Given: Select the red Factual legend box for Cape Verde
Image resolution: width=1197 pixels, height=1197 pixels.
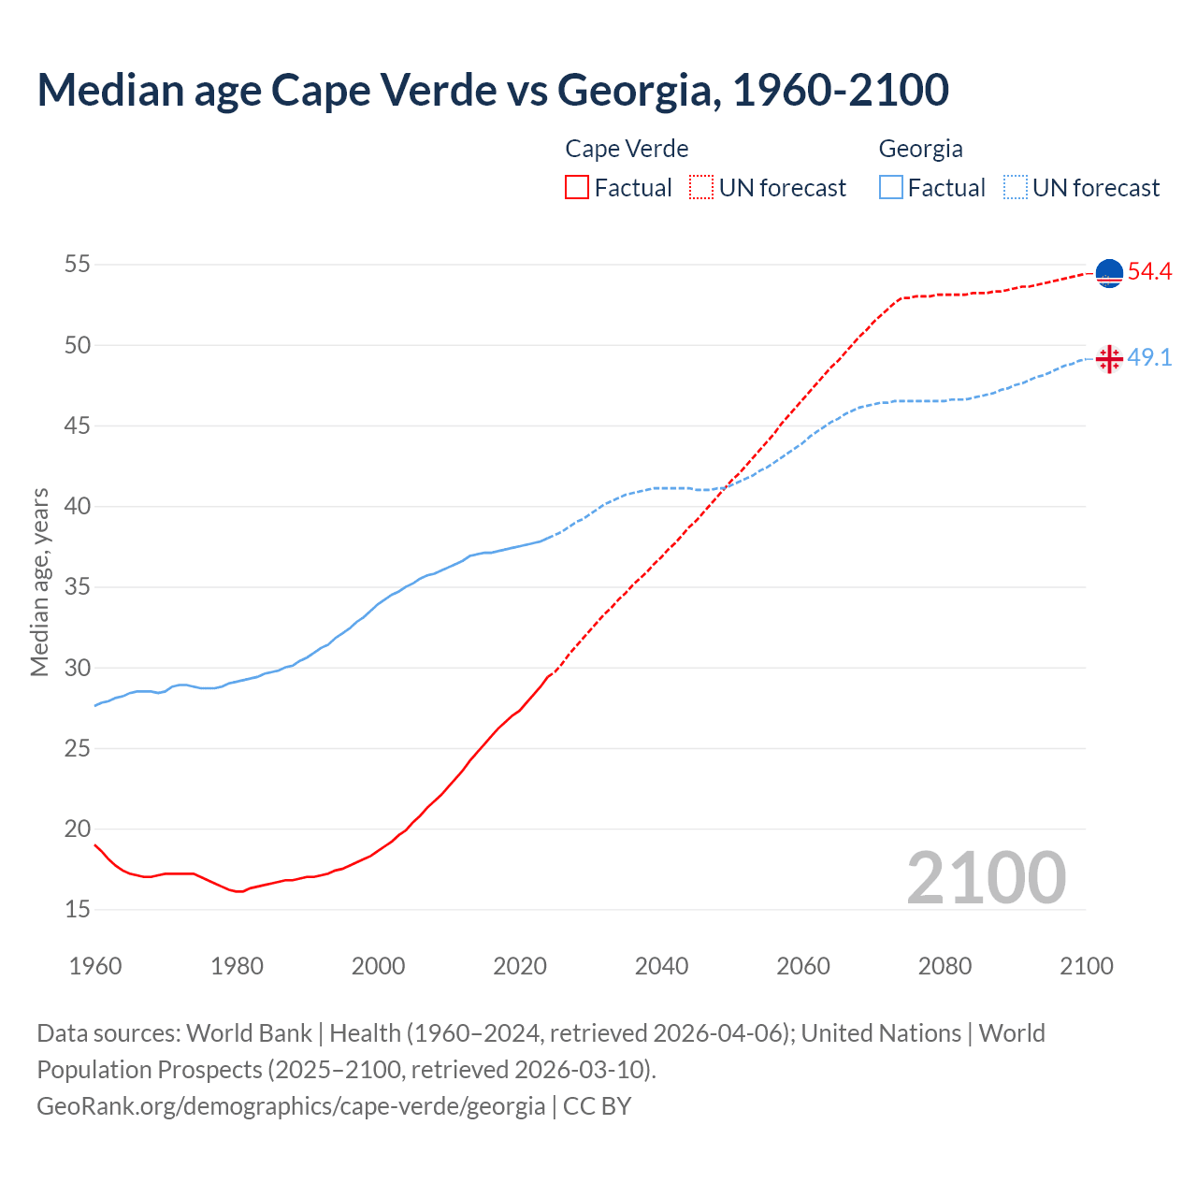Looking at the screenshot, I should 577,187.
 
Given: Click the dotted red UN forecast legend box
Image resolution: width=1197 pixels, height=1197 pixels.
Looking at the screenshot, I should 701,187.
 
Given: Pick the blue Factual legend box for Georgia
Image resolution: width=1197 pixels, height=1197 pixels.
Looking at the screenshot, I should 891,187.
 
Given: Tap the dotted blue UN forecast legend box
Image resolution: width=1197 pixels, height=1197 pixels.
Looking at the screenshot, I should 1015,187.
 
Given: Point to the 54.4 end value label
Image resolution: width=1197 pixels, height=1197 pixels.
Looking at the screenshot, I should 1149,272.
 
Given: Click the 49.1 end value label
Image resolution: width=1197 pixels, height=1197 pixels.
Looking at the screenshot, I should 1149,358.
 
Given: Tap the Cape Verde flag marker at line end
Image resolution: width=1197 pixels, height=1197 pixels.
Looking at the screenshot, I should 1109,273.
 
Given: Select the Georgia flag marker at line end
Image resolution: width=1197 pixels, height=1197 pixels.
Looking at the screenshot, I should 1109,359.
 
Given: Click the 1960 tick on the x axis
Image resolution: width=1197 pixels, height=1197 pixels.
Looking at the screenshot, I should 95,966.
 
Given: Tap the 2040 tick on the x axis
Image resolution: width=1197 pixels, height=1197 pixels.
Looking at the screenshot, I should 661,966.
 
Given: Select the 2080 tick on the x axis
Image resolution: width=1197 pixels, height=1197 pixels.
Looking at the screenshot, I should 945,966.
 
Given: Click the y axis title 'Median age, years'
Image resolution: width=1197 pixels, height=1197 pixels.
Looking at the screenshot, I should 39,582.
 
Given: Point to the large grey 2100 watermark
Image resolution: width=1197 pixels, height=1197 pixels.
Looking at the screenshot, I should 986,877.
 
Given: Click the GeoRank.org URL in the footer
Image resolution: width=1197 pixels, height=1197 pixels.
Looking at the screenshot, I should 291,1106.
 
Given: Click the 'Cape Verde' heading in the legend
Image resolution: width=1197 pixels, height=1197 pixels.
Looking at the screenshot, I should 627,149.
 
